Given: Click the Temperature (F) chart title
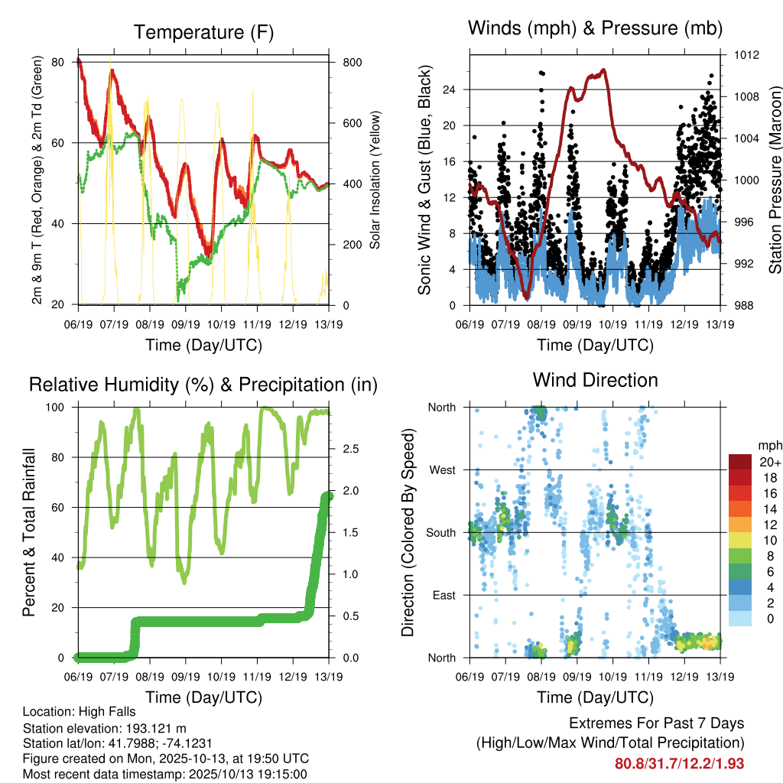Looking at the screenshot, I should coord(203,32).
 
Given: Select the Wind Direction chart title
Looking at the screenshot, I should coord(595,379).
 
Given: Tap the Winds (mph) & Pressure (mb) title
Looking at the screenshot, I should coord(595,28).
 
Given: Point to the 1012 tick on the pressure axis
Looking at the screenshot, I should coord(747,55).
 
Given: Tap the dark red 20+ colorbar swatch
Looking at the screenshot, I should coord(741,462).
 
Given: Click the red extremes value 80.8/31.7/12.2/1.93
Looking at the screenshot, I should coord(679,763).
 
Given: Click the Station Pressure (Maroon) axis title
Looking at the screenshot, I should coord(775,180).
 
